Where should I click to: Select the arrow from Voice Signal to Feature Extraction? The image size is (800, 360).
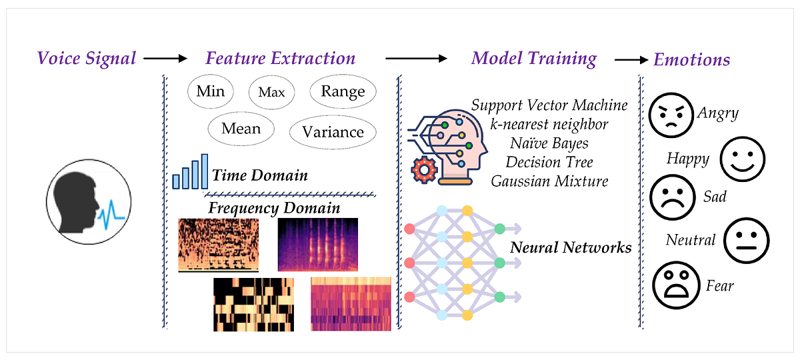[x=165, y=59]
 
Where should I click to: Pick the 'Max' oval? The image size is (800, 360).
[x=271, y=92]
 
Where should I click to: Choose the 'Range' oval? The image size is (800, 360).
[x=343, y=92]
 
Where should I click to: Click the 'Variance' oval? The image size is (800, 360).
[x=333, y=132]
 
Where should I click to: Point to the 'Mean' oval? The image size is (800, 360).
[x=241, y=128]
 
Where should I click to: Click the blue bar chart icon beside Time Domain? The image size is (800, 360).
[x=191, y=172]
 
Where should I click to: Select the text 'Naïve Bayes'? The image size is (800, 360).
[x=549, y=143]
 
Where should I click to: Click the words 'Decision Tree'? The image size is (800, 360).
[x=549, y=162]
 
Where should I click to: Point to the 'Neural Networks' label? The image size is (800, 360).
[x=571, y=248]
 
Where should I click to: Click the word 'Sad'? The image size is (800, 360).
[x=715, y=198]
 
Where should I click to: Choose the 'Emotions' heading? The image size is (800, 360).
[x=691, y=59]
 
